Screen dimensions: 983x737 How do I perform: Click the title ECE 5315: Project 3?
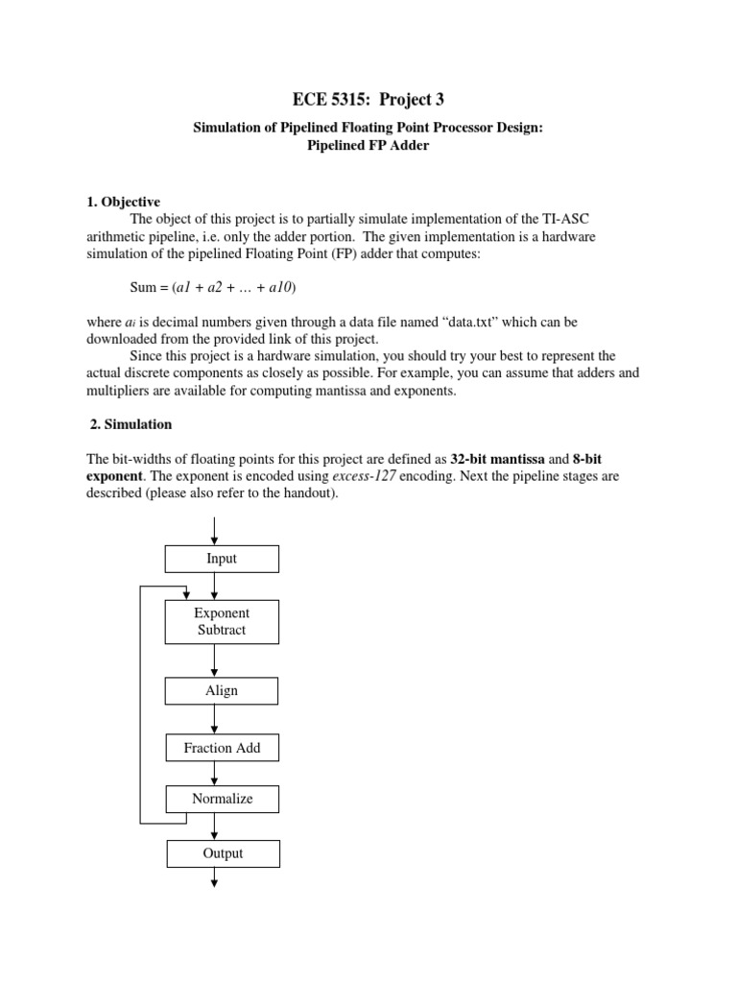click(x=368, y=99)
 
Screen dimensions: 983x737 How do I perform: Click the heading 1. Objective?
click(x=124, y=202)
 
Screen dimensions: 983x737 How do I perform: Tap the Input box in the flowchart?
click(x=222, y=559)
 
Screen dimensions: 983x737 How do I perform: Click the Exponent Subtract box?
click(x=222, y=621)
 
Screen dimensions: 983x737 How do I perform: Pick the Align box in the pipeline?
click(x=222, y=690)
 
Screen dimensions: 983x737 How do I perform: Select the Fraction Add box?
click(x=222, y=748)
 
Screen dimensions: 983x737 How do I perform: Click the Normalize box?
click(x=222, y=799)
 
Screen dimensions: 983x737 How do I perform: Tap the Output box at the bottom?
click(x=223, y=853)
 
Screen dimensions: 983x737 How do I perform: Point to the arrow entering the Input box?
click(x=214, y=530)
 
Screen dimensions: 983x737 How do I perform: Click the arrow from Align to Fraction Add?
click(x=214, y=720)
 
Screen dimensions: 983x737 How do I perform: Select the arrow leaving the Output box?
click(x=215, y=878)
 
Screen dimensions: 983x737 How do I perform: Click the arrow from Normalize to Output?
click(x=215, y=826)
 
